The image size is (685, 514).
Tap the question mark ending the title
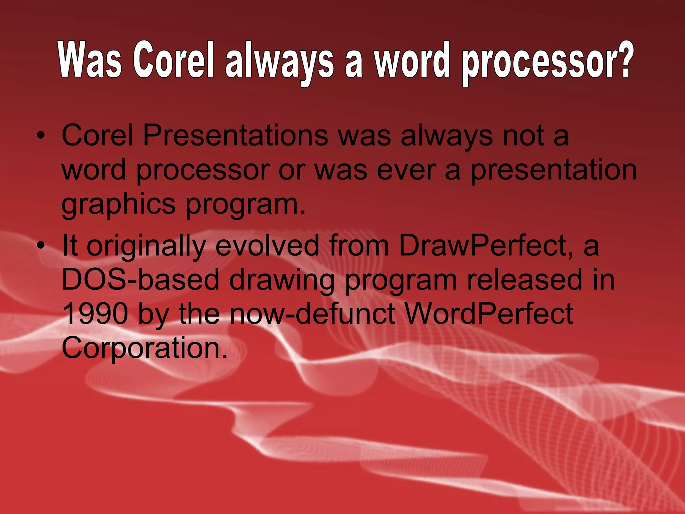point(623,59)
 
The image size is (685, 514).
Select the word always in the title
point(280,62)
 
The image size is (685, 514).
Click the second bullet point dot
point(40,246)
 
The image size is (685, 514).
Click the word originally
point(146,246)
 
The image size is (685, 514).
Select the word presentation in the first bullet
point(554,170)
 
